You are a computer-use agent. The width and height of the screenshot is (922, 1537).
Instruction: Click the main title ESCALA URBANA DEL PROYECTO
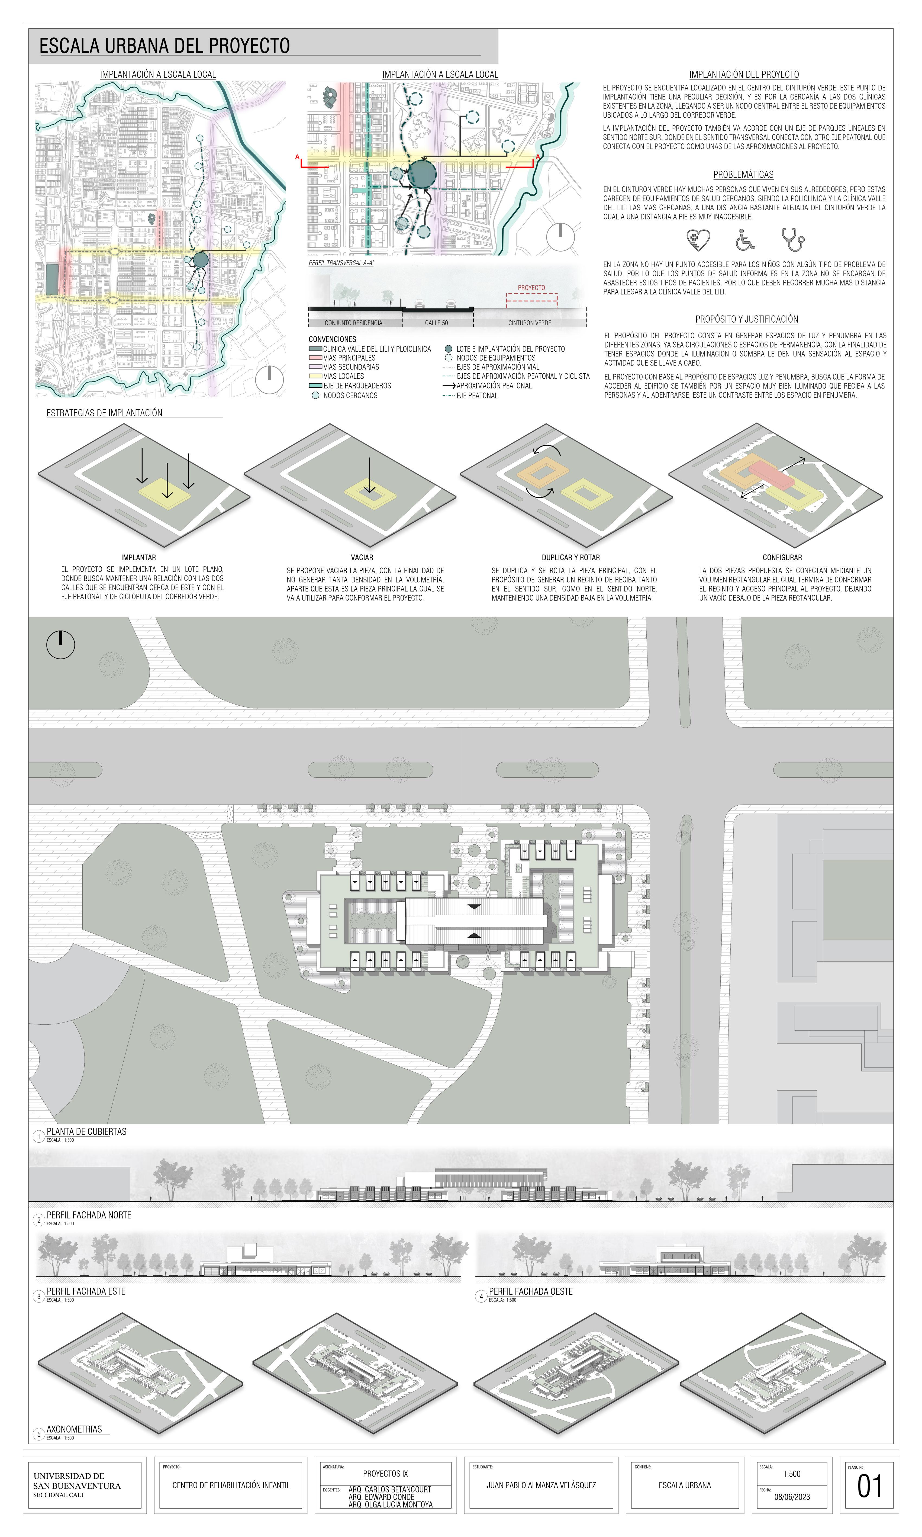pyautogui.click(x=165, y=46)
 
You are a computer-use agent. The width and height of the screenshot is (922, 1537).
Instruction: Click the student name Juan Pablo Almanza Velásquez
pyautogui.click(x=540, y=1485)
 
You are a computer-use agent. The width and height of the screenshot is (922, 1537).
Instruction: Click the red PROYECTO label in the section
pyautogui.click(x=531, y=288)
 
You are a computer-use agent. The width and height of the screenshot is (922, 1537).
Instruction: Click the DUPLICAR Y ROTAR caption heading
pyautogui.click(x=570, y=557)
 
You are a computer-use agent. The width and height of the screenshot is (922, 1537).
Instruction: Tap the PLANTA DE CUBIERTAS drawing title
pyautogui.click(x=86, y=1131)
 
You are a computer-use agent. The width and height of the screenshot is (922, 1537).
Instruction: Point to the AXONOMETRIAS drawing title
pyautogui.click(x=74, y=1429)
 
